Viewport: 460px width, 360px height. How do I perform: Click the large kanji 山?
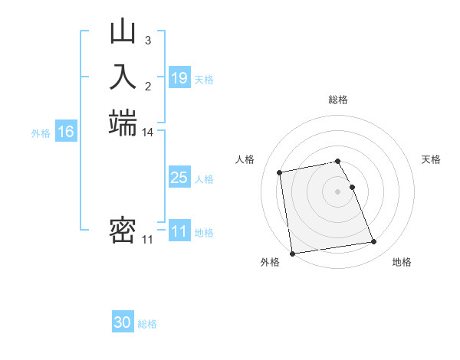123,33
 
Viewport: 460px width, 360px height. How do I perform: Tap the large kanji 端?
123,123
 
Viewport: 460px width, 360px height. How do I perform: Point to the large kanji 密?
123,231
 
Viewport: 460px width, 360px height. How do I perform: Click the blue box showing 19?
179,77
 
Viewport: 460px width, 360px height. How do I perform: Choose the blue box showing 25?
179,178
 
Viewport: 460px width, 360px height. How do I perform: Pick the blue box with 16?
66,132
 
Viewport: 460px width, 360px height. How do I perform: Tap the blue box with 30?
123,322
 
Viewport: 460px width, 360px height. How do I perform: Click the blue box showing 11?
179,231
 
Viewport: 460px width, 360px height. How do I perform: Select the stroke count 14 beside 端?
148,133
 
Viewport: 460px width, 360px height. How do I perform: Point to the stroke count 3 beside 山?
148,39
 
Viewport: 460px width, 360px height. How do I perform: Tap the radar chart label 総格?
338,100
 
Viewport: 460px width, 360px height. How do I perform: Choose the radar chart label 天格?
431,159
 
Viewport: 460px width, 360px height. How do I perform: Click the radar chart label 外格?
270,262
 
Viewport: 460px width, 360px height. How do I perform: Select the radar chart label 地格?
402,262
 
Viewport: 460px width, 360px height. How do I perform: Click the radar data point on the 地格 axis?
374,242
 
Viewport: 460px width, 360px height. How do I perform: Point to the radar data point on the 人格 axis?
281,172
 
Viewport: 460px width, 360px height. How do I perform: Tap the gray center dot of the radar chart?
338,191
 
